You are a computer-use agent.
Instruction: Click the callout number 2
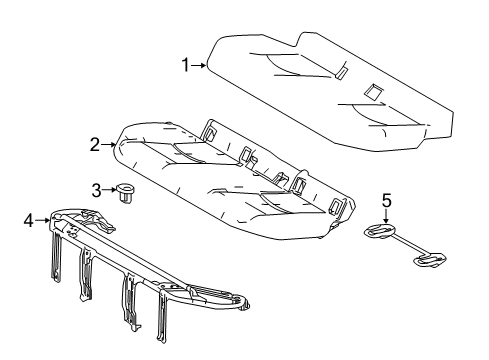click(95, 145)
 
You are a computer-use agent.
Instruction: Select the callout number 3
click(96, 190)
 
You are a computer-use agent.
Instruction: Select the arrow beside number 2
click(109, 145)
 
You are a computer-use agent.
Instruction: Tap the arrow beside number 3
click(108, 190)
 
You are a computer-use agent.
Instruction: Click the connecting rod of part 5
click(406, 245)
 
